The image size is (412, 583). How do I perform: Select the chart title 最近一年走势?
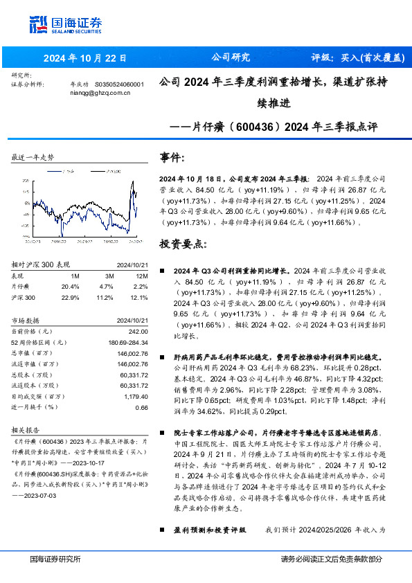(33, 158)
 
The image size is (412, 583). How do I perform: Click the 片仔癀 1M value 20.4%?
(70, 285)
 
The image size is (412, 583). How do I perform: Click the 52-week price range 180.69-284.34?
(128, 342)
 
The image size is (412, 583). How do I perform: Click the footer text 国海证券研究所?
(55, 559)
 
